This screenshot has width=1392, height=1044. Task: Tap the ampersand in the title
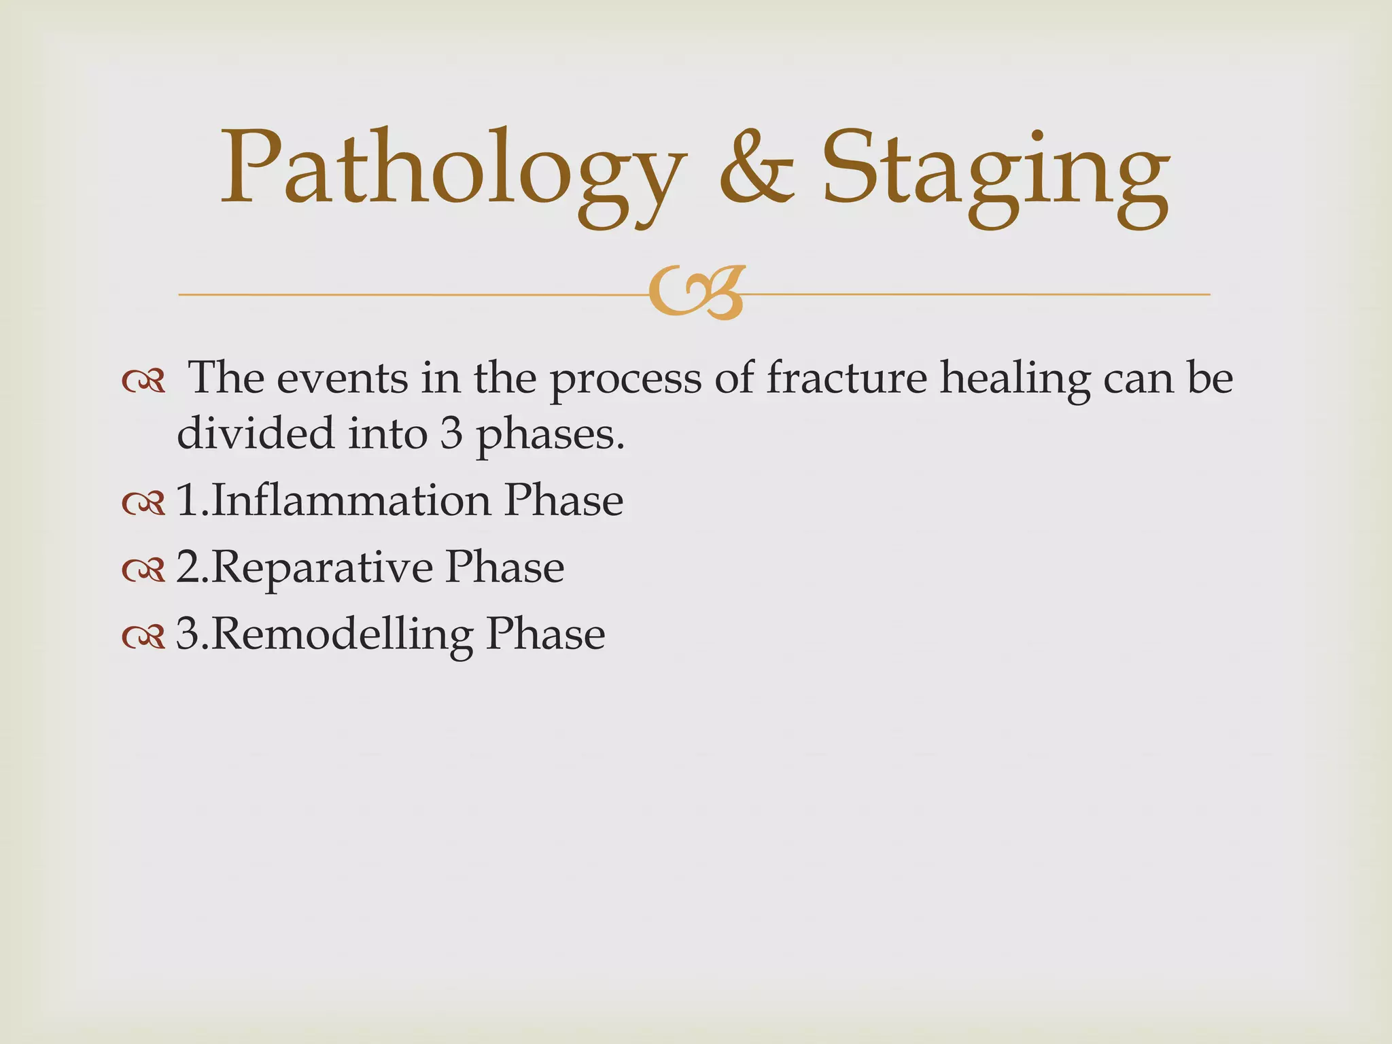tap(756, 170)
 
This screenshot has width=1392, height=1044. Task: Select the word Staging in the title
tap(996, 173)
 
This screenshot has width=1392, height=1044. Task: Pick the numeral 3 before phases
tap(451, 434)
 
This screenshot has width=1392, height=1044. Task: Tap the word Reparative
tap(321, 568)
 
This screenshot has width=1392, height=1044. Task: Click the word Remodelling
tap(342, 634)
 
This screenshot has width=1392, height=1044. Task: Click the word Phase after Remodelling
tap(545, 633)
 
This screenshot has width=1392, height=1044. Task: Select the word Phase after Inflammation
tap(563, 500)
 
